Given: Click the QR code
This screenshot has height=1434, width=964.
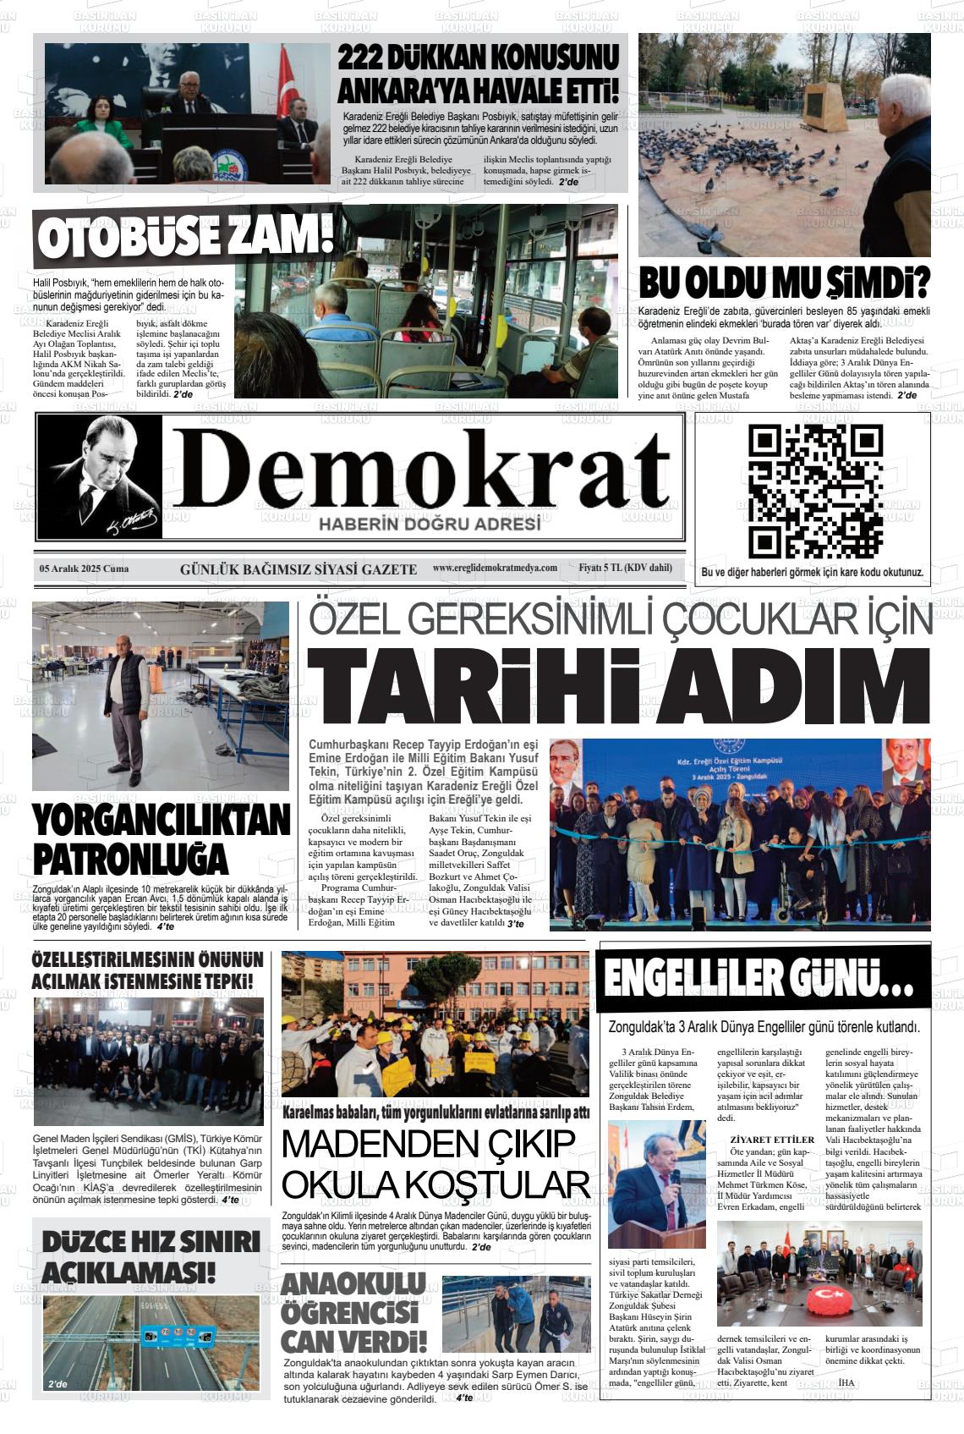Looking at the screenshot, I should click(x=816, y=492).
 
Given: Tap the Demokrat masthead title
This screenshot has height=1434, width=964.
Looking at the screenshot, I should click(x=420, y=472).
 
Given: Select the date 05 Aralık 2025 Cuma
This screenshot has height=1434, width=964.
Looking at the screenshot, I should click(x=84, y=569).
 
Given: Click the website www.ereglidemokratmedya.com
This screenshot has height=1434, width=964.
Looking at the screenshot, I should click(x=495, y=568).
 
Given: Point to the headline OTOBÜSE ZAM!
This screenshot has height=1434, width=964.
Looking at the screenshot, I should click(x=183, y=236).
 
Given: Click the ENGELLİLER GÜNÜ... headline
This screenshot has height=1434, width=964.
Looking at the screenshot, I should click(x=759, y=980).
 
